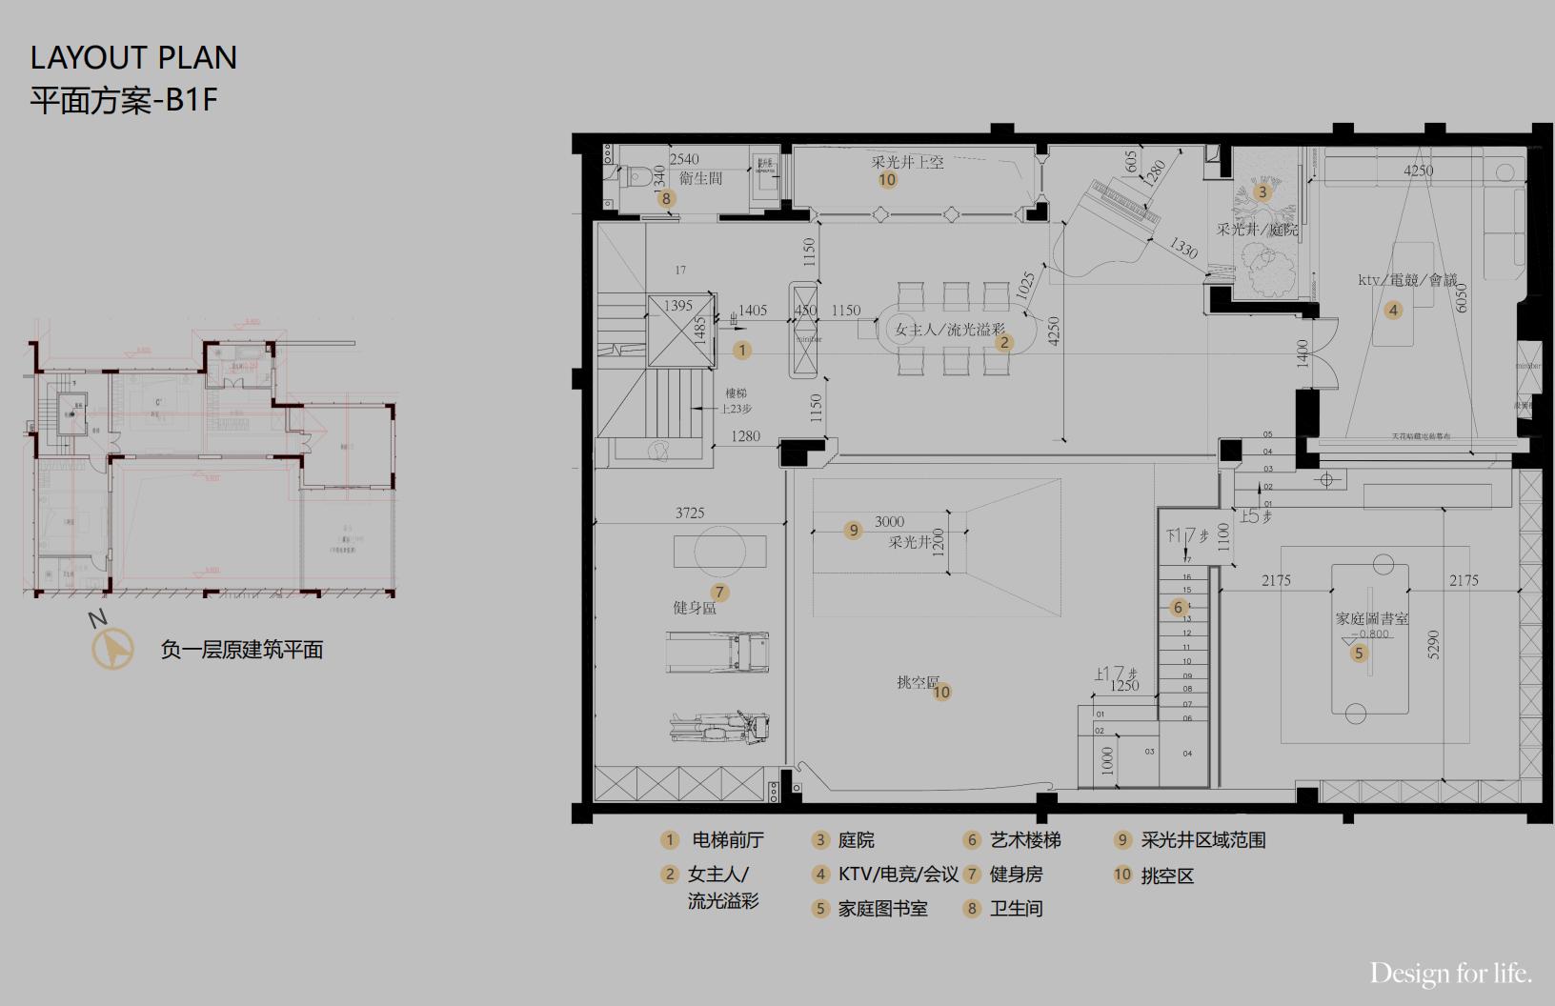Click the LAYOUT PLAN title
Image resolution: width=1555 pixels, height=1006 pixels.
(133, 58)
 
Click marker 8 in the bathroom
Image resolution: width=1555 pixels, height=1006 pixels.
(666, 198)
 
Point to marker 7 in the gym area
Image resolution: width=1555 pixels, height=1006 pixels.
(719, 593)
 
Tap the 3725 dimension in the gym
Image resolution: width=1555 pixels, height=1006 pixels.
(690, 513)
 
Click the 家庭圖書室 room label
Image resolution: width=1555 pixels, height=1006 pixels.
(1371, 618)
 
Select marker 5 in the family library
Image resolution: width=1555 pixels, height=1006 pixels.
(1360, 654)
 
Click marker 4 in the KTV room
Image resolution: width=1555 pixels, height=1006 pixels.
(1393, 310)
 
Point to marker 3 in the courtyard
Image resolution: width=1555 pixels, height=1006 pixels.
(1262, 191)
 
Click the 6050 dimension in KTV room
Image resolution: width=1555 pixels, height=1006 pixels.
(1462, 297)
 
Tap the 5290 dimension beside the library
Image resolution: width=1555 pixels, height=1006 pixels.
(1434, 645)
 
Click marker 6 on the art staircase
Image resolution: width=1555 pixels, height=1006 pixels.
(1179, 608)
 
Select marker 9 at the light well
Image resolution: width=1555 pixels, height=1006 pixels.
(854, 530)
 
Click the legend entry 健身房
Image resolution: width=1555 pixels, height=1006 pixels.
(1016, 874)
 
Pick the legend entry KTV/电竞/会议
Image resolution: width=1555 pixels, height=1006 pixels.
(898, 874)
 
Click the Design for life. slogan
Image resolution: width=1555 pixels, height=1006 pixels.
(1451, 973)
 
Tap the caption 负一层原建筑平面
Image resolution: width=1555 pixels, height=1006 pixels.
(242, 650)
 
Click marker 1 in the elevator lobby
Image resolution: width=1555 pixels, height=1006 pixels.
(742, 350)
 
